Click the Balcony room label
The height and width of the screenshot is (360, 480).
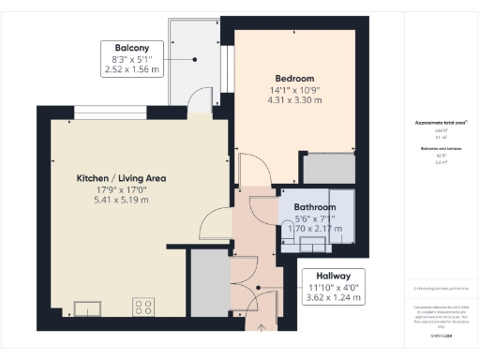131,47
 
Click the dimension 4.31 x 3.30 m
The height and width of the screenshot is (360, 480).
294,100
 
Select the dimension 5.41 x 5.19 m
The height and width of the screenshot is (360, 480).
122,200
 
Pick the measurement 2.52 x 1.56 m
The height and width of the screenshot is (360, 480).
131,69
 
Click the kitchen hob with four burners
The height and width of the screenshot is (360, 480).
144,307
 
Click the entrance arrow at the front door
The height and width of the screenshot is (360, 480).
262,325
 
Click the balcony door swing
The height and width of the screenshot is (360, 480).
199,97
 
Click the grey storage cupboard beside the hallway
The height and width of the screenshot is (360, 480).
209,284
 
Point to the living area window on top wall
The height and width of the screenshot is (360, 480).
111,114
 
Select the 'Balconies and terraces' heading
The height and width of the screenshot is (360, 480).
437,149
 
